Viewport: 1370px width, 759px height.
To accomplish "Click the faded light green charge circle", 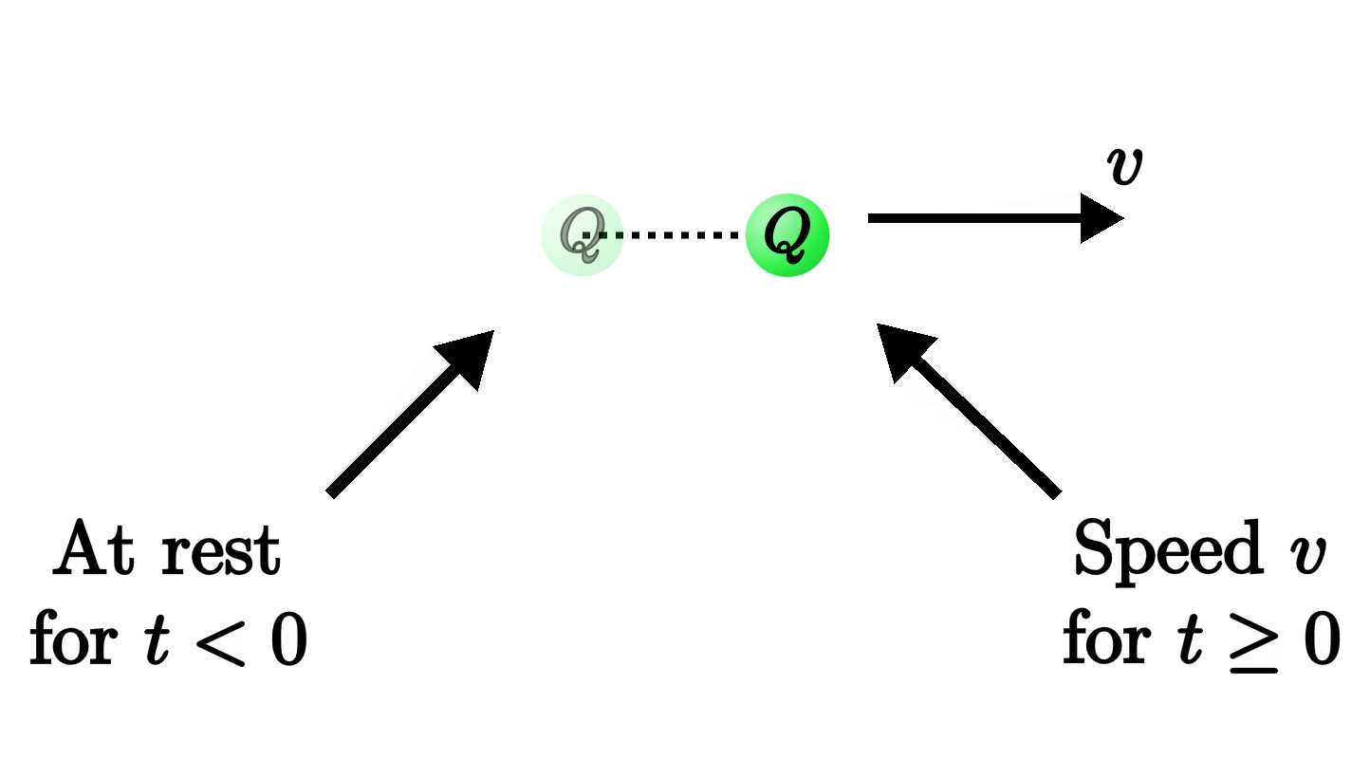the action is (x=581, y=235).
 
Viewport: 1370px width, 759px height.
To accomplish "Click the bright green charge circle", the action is (x=787, y=235).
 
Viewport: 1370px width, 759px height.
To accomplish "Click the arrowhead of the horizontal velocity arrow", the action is (x=1101, y=219).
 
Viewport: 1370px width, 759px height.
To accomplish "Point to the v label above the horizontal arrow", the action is (x=1124, y=167).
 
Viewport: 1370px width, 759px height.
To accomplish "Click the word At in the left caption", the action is (x=95, y=550).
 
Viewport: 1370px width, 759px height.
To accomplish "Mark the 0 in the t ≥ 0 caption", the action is (x=1318, y=641).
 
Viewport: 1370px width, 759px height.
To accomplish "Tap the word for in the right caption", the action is (x=1105, y=641).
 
